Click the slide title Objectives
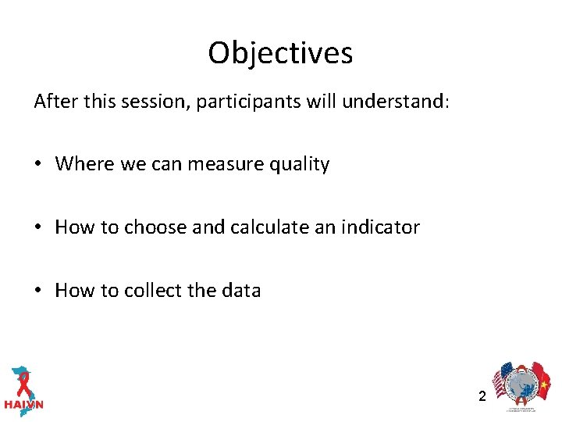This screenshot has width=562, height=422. (280, 53)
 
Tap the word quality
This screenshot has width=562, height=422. (299, 165)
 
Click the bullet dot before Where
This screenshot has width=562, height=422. (38, 165)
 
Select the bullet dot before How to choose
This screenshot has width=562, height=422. (38, 228)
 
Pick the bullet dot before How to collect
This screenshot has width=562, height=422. (38, 291)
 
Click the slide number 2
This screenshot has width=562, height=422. (482, 396)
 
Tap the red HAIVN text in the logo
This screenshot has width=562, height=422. (23, 405)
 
